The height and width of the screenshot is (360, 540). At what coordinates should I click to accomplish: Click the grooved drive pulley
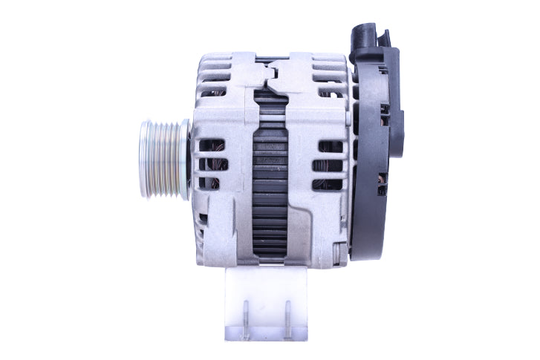point(165,160)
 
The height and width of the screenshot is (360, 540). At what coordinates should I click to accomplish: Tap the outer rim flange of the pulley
point(144,160)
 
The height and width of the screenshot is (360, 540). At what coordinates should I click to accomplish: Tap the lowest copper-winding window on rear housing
point(327,183)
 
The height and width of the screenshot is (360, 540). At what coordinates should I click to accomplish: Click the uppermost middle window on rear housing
point(327,146)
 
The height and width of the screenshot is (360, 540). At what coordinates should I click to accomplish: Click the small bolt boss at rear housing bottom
point(339,257)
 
